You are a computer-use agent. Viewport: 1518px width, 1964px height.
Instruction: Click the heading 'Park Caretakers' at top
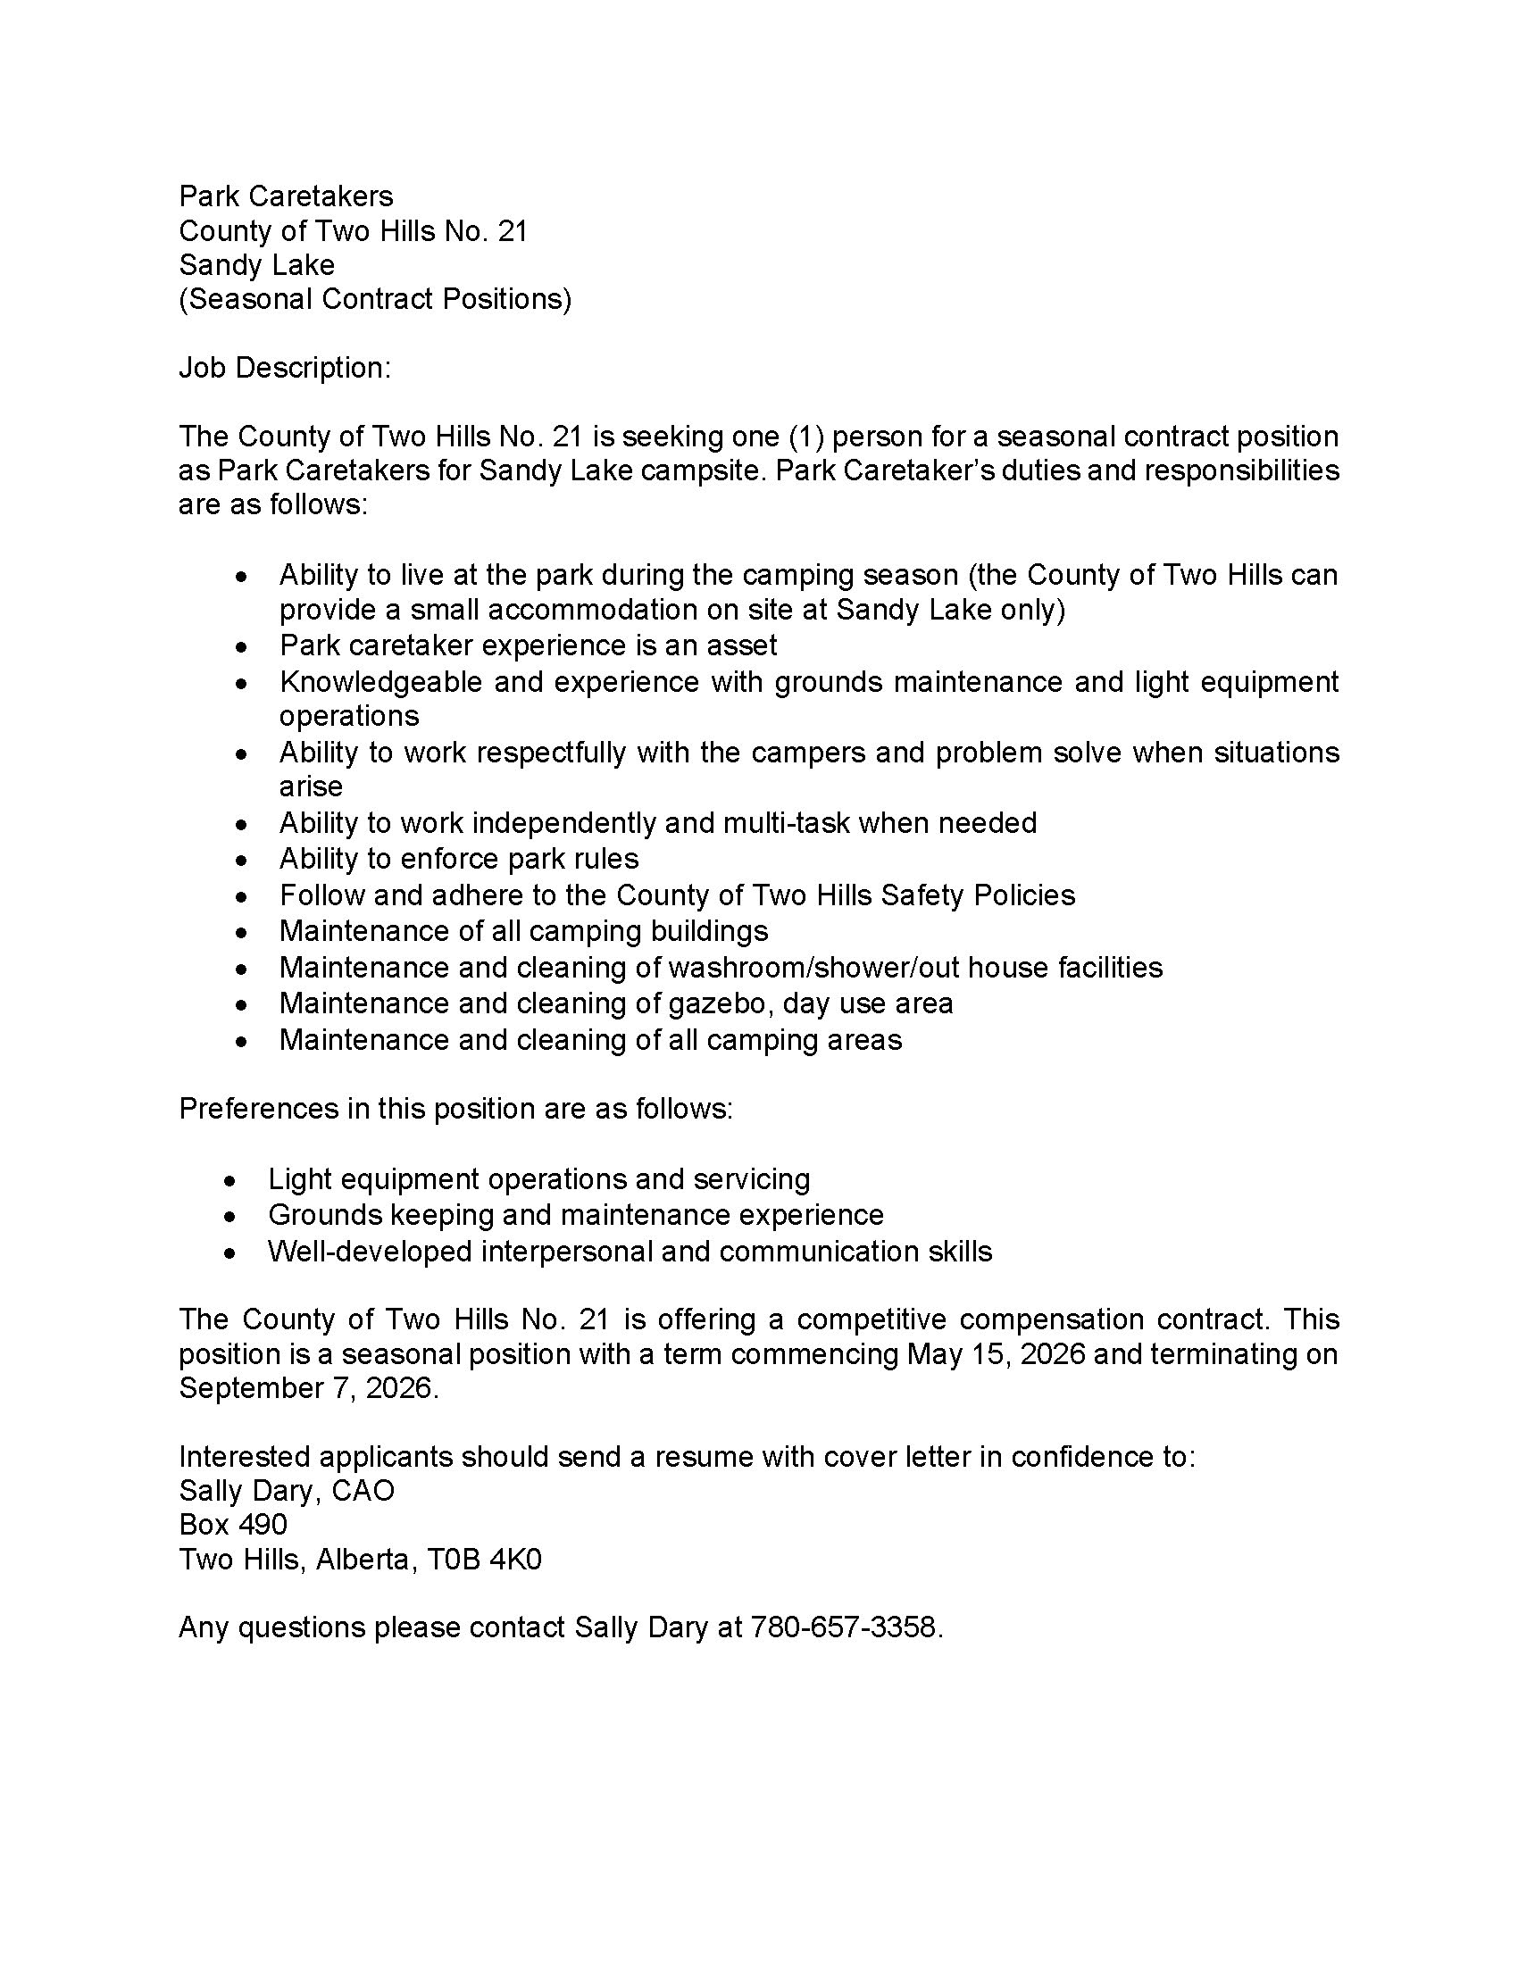pos(286,196)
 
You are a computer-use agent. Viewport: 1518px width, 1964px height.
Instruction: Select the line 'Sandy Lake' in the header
pos(256,264)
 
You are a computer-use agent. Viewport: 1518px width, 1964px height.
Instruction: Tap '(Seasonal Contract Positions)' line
pos(375,298)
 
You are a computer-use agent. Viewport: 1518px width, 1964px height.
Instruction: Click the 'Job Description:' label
pos(285,368)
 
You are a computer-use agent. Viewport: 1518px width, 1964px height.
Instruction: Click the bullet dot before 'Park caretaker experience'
pos(240,646)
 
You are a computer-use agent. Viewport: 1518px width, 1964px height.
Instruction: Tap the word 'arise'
pos(310,786)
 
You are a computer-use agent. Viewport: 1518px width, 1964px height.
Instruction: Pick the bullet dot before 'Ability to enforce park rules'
pos(240,861)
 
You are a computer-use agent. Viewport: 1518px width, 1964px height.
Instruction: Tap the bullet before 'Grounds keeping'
pos(230,1217)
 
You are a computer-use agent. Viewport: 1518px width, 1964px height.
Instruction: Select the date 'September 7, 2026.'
pos(308,1387)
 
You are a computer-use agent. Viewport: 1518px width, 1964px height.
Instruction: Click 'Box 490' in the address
pos(233,1524)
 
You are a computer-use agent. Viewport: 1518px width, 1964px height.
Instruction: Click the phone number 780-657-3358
pos(846,1627)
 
